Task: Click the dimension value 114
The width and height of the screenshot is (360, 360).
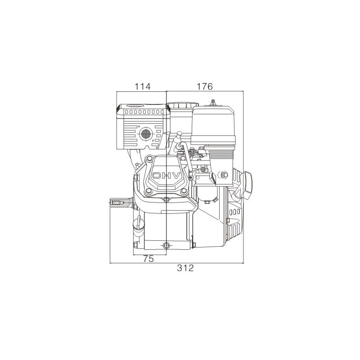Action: [x=142, y=86]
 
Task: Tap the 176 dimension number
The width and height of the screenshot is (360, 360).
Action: [x=205, y=86]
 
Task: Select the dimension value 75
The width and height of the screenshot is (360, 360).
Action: [x=148, y=259]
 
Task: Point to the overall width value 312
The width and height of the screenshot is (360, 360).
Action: [x=185, y=268]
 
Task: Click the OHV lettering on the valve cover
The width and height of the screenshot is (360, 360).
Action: [x=166, y=175]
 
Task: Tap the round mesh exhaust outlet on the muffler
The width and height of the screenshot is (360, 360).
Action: [x=146, y=133]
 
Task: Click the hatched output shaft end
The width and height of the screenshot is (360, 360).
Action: [x=121, y=203]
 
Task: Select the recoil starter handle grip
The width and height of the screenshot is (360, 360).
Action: [x=247, y=185]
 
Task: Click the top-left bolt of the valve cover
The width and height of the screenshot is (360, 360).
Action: [x=149, y=158]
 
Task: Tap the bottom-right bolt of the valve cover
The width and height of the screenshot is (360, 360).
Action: [x=184, y=191]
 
